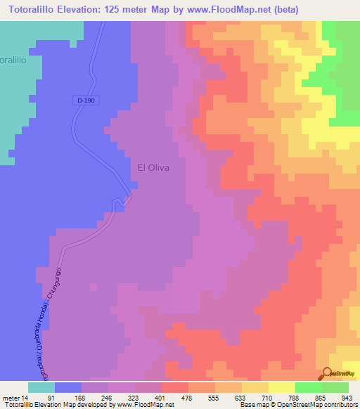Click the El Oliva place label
coord(153,168)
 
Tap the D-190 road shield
coord(86,100)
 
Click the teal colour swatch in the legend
coord(41,387)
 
